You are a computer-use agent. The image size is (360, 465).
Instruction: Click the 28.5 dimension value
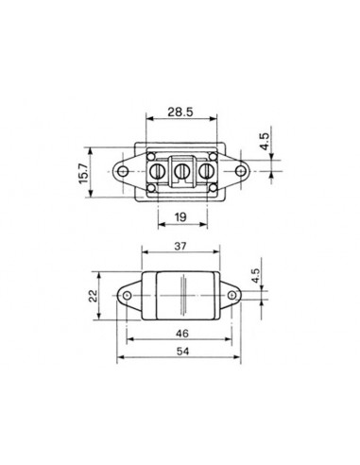click(179, 112)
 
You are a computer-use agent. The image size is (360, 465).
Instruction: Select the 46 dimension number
click(180, 333)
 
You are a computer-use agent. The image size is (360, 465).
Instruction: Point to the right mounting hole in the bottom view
click(230, 298)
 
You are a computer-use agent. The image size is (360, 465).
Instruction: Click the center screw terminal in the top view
click(181, 171)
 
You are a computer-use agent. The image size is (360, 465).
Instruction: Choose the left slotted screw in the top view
click(158, 171)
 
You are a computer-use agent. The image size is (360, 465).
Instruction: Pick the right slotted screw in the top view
click(202, 171)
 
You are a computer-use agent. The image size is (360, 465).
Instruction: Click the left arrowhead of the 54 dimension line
click(121, 359)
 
